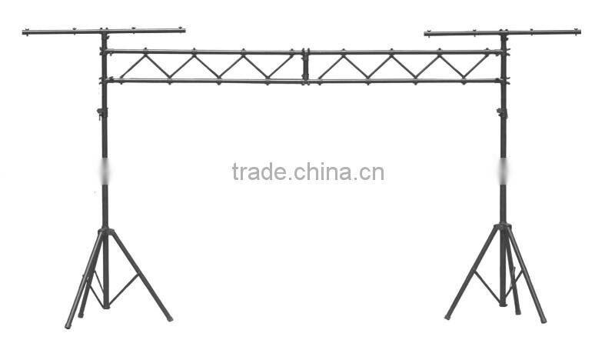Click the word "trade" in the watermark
(x=258, y=172)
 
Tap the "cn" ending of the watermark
(x=373, y=173)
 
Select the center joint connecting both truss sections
(x=305, y=66)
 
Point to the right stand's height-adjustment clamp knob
(x=500, y=113)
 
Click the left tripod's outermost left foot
(x=68, y=325)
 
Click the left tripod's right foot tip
(x=169, y=318)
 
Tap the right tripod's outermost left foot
(x=447, y=316)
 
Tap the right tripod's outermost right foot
(x=543, y=319)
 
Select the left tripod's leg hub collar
(x=105, y=231)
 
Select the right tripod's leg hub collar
(x=504, y=227)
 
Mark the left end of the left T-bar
(x=25, y=32)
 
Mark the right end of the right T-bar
(x=577, y=32)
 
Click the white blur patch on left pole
(x=105, y=172)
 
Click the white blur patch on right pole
(x=503, y=171)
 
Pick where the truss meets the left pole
(x=105, y=66)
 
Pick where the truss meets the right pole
(x=504, y=66)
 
